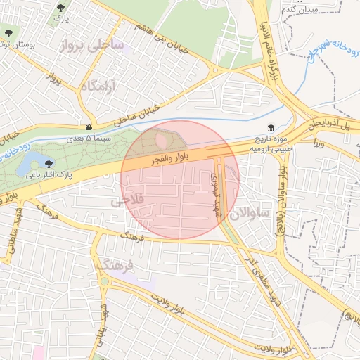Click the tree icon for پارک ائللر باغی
(49, 163)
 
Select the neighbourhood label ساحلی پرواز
(91, 46)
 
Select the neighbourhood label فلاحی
(127, 200)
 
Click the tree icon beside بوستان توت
(8, 32)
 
